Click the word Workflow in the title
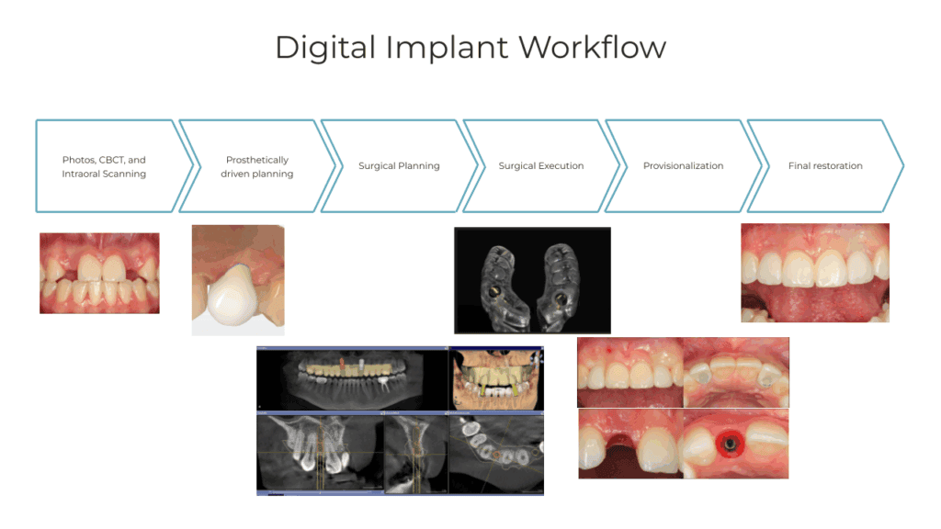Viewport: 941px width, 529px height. click(x=593, y=47)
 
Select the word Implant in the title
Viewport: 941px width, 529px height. click(x=448, y=48)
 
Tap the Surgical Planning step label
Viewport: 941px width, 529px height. click(x=399, y=166)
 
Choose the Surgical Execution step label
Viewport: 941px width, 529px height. click(x=541, y=165)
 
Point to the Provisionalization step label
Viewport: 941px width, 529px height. click(x=684, y=165)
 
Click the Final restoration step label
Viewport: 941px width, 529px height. click(x=825, y=165)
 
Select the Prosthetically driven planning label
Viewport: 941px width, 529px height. click(x=257, y=167)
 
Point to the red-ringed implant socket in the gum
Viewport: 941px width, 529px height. click(x=731, y=445)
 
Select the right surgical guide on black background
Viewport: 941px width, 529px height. click(x=561, y=285)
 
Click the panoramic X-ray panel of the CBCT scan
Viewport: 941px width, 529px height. click(x=352, y=379)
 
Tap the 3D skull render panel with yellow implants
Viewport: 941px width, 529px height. click(x=496, y=379)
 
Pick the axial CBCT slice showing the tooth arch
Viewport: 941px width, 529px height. click(x=496, y=454)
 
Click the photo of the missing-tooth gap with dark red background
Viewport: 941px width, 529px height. click(x=630, y=444)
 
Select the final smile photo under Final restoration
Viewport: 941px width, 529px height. click(x=815, y=273)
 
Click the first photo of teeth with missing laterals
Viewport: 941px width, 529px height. click(x=99, y=273)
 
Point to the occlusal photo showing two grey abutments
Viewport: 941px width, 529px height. click(x=736, y=373)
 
